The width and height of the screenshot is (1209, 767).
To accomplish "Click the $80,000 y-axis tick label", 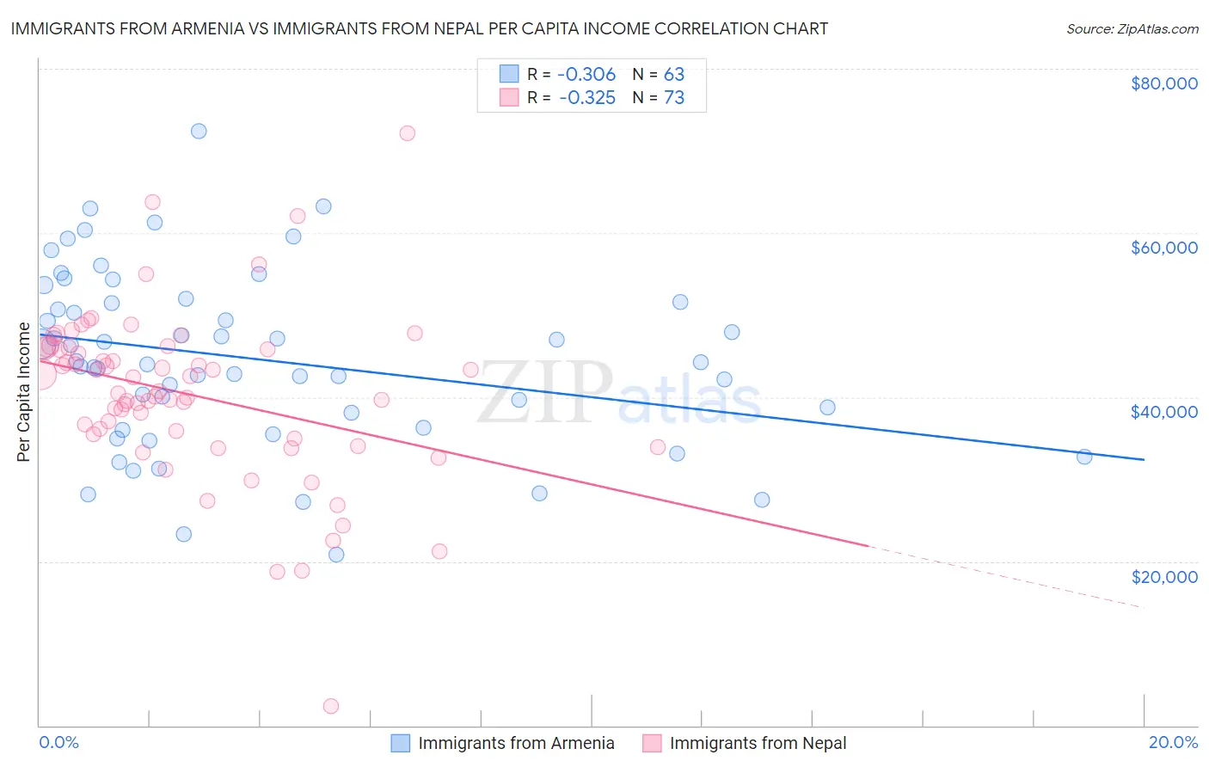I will point(1163,83).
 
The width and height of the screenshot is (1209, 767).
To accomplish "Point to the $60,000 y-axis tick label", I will point(1163,248).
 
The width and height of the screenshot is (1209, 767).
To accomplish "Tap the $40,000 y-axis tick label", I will point(1163,412).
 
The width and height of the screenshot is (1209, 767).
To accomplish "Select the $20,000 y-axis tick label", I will point(1163,576).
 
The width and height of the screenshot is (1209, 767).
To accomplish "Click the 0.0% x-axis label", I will point(58,742).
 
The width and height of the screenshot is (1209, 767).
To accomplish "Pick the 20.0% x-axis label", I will point(1173,742).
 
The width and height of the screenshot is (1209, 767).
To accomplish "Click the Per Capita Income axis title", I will point(24,392).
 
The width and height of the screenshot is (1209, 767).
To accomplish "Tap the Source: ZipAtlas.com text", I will point(1132,29).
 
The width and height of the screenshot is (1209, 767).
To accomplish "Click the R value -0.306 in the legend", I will point(587,75).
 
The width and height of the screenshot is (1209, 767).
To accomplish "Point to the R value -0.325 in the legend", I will point(587,98).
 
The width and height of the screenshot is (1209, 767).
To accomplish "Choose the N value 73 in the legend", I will point(674,98).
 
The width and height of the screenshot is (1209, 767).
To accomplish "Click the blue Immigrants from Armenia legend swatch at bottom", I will point(400,743).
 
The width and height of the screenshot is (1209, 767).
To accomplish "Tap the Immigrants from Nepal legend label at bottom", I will point(758,743).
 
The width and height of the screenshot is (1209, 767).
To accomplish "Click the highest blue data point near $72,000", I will point(199,132).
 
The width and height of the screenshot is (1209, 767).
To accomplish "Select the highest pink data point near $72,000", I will point(408,133).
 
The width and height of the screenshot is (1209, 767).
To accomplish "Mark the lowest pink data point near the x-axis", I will point(331,706).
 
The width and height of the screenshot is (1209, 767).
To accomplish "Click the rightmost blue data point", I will point(1084,457).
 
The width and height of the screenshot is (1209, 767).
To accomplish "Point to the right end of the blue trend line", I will point(1144,460).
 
